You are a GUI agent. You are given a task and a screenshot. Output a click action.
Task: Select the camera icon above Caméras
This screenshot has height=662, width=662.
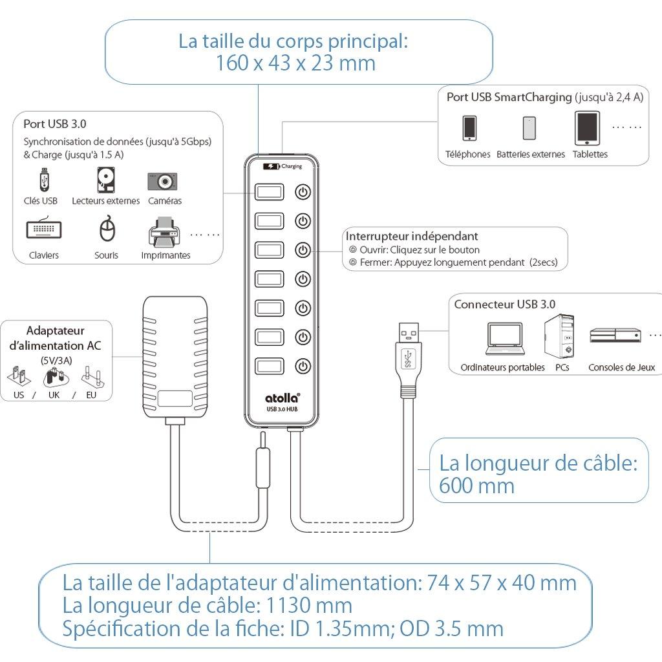(162, 182)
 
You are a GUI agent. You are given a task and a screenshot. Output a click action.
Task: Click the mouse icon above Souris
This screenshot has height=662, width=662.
(107, 230)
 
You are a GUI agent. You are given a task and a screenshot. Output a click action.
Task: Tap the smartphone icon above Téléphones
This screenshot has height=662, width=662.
(469, 128)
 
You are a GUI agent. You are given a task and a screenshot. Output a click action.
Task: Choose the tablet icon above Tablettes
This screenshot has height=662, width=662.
(586, 128)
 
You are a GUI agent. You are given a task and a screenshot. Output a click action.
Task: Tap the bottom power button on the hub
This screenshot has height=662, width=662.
(303, 367)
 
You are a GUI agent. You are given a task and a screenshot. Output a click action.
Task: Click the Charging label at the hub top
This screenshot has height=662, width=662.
(292, 166)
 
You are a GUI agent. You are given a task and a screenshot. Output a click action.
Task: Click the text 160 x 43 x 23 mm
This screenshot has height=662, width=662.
(295, 63)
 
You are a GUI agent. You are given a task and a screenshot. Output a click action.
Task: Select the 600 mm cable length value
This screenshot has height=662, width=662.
(476, 486)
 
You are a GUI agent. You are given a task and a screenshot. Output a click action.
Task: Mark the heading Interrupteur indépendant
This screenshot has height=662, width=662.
(412, 237)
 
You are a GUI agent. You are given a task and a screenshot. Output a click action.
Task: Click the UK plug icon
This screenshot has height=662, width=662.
(54, 378)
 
